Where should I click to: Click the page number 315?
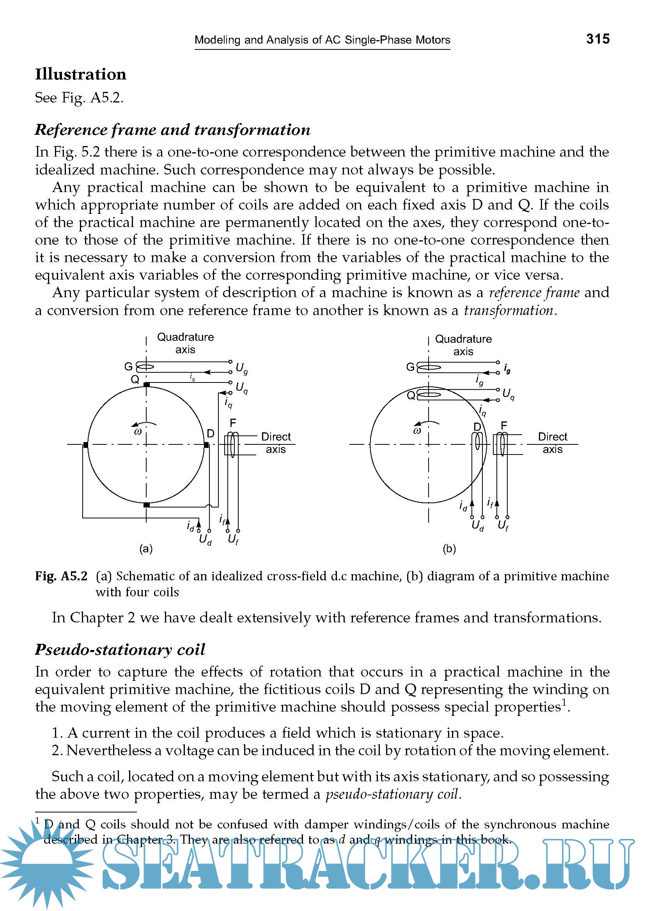click(x=597, y=39)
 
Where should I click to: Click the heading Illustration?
click(x=81, y=74)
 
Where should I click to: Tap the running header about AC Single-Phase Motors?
click(x=322, y=40)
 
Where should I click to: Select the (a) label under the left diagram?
click(x=146, y=549)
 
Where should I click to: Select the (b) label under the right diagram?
click(x=449, y=549)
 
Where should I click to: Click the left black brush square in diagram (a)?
click(x=85, y=445)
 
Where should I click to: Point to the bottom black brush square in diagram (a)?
click(x=147, y=505)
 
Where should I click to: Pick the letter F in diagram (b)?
click(x=504, y=426)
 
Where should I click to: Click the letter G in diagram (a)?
click(x=128, y=366)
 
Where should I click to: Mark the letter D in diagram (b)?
click(x=477, y=427)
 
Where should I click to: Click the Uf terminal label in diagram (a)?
click(x=233, y=539)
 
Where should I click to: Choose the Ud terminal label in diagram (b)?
click(x=478, y=526)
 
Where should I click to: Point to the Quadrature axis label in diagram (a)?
click(x=186, y=343)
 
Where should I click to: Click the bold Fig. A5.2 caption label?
click(x=61, y=576)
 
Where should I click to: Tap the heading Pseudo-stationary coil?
click(x=120, y=650)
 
